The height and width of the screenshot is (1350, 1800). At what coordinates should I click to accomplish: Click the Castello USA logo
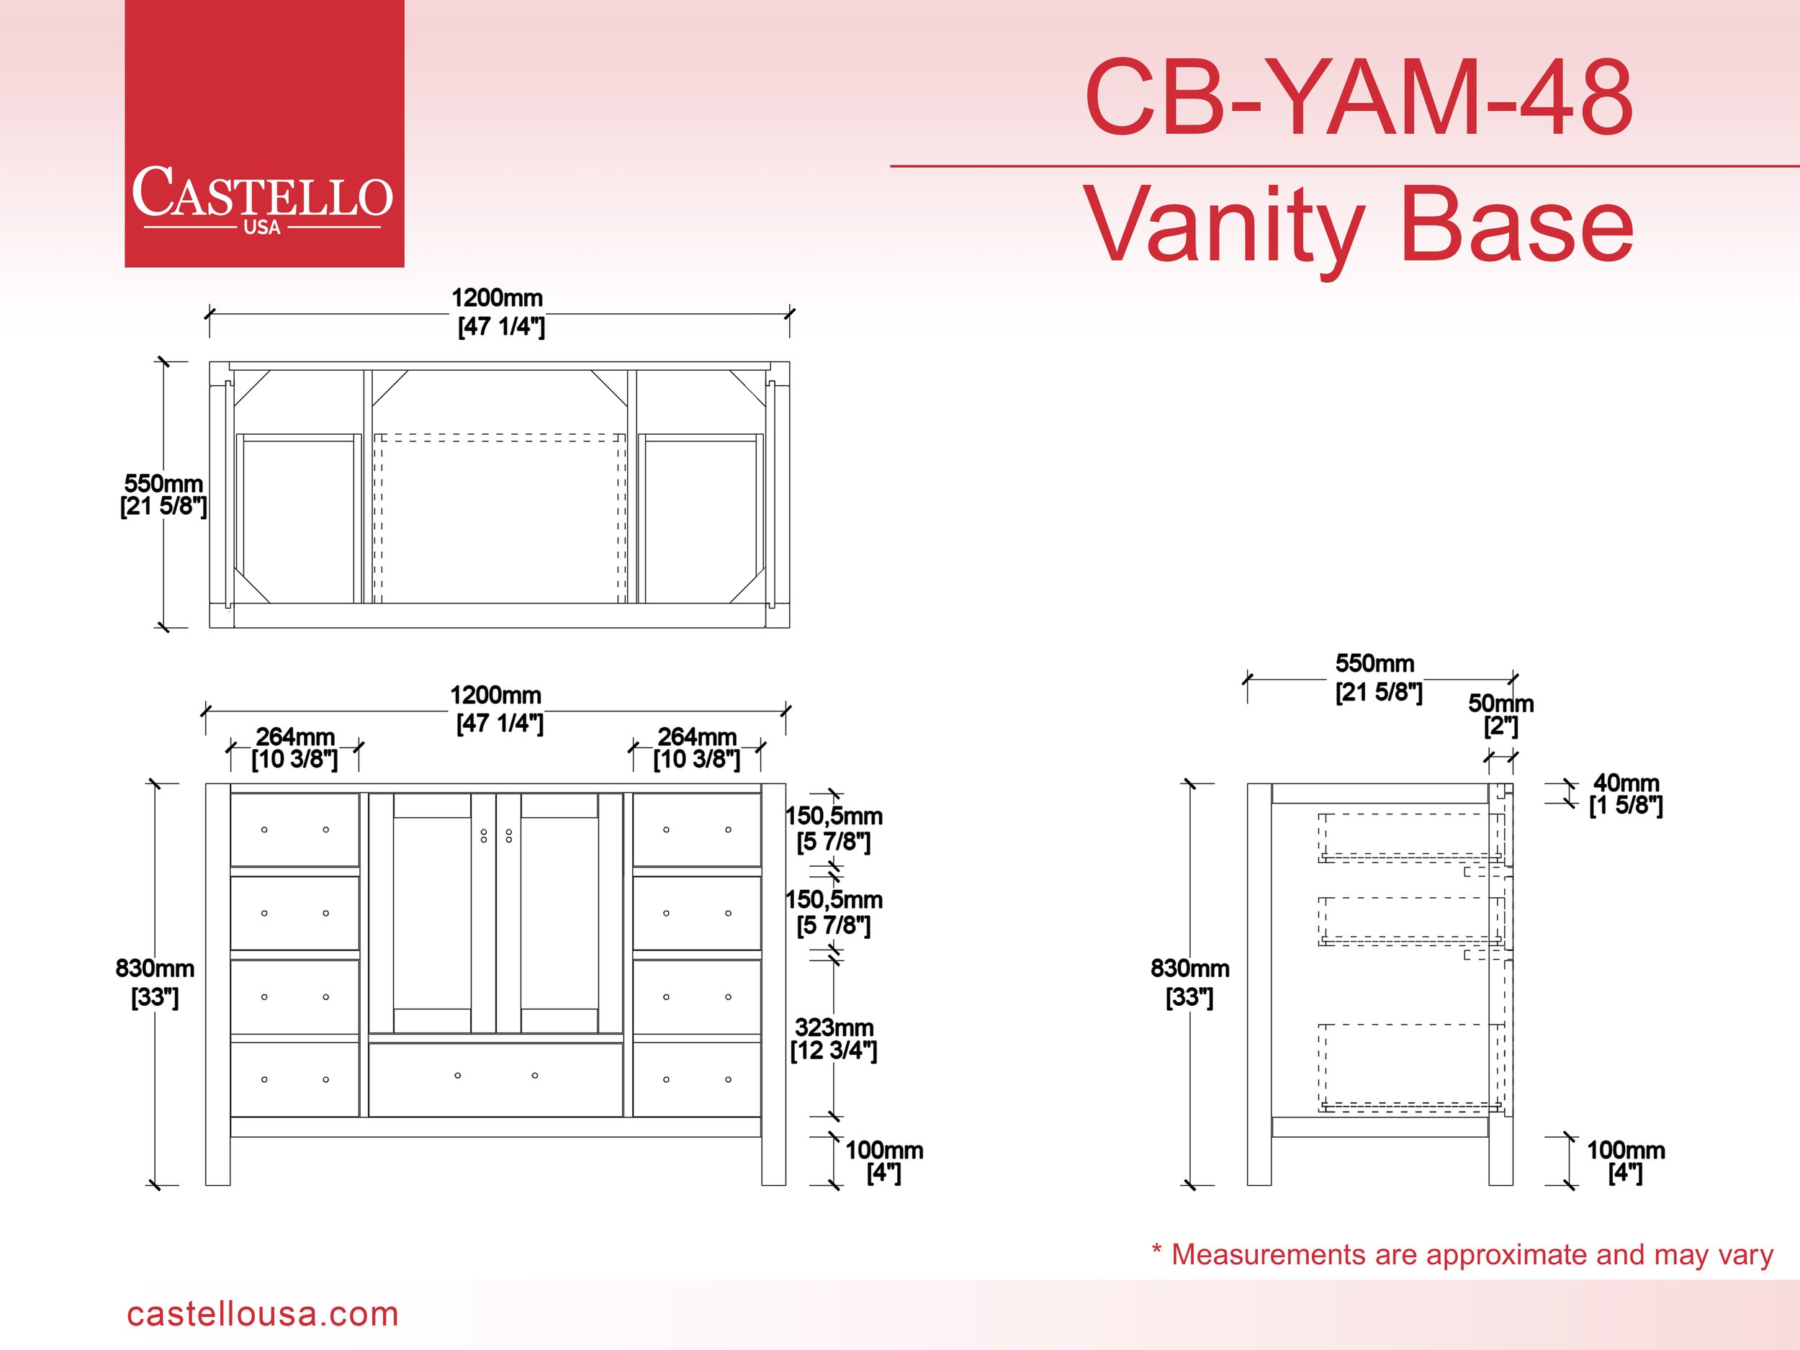click(x=264, y=133)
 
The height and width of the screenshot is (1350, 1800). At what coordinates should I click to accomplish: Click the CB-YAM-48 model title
click(x=1358, y=98)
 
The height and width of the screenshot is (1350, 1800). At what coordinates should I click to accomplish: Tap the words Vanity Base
click(x=1358, y=223)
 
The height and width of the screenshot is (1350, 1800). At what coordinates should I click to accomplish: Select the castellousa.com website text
click(x=262, y=1313)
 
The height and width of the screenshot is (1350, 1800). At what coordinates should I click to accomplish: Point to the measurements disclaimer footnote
click(x=1462, y=1254)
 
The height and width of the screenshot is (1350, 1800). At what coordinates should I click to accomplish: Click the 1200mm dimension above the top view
click(x=498, y=312)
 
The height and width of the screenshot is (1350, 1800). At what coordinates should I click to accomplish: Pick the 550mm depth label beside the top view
click(x=163, y=495)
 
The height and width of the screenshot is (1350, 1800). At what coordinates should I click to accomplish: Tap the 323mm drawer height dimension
click(x=834, y=1038)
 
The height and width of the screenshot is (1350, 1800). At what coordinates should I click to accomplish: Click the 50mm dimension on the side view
click(x=1500, y=714)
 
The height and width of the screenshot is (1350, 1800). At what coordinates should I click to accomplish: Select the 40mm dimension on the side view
click(x=1626, y=793)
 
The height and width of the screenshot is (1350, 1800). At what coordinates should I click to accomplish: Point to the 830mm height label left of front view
click(x=155, y=981)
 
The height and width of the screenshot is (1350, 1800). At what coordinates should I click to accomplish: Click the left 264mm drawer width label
click(x=294, y=748)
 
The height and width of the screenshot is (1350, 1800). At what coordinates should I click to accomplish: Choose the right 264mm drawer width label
click(x=696, y=748)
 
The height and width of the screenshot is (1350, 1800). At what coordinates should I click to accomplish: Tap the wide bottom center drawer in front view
click(x=495, y=1080)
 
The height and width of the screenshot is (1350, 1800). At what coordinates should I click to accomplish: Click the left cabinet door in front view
click(x=431, y=913)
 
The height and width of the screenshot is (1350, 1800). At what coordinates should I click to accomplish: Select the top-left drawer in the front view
click(x=294, y=829)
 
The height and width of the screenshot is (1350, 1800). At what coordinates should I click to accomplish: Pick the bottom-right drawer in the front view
click(x=696, y=1079)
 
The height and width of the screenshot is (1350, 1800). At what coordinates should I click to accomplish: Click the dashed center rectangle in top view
click(x=500, y=518)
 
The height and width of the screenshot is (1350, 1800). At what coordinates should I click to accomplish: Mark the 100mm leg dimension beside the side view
click(x=1625, y=1161)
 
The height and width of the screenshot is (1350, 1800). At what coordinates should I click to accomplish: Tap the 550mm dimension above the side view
click(x=1379, y=677)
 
